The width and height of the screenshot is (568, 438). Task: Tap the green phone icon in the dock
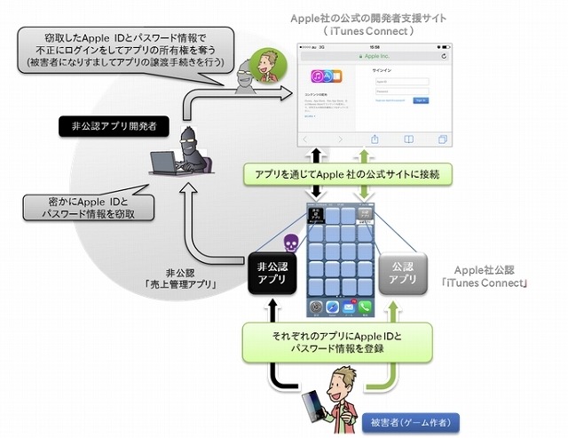tap(362, 307)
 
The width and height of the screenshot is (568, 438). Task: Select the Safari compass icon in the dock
tap(329, 307)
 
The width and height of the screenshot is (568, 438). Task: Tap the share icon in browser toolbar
tap(375, 139)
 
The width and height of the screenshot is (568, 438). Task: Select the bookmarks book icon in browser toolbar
tap(408, 139)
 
